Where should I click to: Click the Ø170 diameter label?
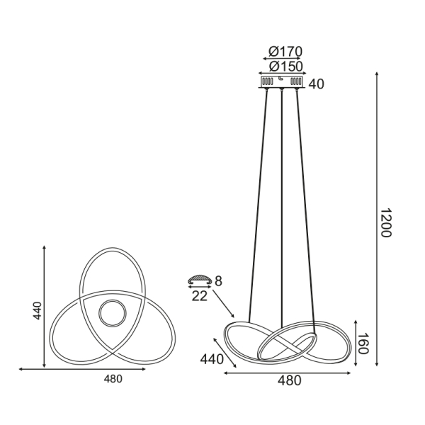285,51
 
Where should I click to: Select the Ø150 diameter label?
285,66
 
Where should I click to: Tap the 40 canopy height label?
317,84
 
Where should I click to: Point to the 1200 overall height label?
385,223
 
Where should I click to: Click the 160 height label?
363,344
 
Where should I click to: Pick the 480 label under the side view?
290,381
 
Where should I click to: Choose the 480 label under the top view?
113,379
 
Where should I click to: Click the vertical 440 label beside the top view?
37,310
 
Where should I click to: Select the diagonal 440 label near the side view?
212,359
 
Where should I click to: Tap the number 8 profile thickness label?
218,281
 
